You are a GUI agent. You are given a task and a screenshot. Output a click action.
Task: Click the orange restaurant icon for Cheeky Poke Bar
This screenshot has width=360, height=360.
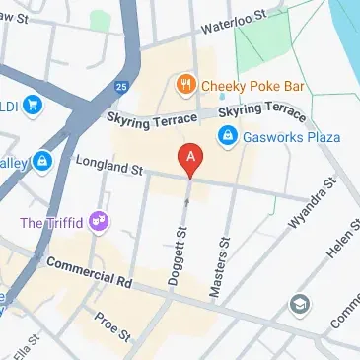(x=183, y=85)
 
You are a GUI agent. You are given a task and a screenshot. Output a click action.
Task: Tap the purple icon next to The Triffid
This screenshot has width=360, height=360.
(x=98, y=219)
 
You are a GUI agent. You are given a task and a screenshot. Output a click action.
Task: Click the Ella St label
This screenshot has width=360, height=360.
(x=30, y=348)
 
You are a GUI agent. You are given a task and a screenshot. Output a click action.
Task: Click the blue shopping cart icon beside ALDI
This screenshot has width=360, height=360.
(x=35, y=102)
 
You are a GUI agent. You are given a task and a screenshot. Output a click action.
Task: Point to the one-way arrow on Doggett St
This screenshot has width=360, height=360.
(x=187, y=203)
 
